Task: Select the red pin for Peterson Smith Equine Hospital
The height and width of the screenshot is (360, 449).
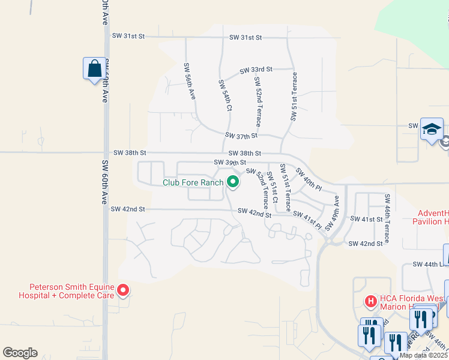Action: (x=123, y=291)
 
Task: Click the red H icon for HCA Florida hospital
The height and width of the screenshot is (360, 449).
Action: (x=371, y=300)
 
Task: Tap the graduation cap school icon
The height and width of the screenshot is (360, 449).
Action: (x=432, y=129)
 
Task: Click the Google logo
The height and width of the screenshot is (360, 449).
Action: (x=20, y=353)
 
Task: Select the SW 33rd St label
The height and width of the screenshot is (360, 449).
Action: (x=256, y=70)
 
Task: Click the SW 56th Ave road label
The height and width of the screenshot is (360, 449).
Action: (x=189, y=81)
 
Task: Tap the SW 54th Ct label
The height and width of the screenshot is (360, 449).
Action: (x=224, y=95)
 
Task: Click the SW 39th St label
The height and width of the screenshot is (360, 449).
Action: (x=231, y=163)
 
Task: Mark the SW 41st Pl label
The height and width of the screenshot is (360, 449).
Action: (x=307, y=220)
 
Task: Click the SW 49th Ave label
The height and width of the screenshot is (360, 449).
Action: (x=333, y=214)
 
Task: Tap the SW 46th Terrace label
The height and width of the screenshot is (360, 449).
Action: (x=388, y=218)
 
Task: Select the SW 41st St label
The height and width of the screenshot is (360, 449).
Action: (x=366, y=220)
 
